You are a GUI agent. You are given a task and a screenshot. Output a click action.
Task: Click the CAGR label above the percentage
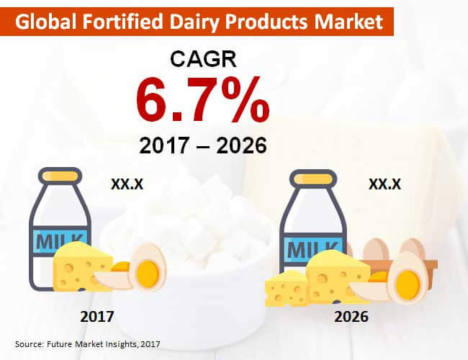point(203,59)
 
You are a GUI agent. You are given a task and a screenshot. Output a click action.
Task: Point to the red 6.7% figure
point(203,99)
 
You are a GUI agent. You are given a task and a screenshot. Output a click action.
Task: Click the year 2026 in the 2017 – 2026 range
point(241,145)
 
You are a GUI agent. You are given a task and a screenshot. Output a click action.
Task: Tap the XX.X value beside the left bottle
point(127,184)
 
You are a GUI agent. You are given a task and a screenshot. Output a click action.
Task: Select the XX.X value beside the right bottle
point(384,184)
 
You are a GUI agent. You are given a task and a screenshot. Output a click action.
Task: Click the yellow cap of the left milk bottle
point(60,176)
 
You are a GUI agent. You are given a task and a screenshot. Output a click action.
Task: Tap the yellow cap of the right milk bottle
point(312,179)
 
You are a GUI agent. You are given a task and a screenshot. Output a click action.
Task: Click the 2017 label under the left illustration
point(97,316)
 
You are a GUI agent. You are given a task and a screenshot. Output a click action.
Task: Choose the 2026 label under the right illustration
point(351,316)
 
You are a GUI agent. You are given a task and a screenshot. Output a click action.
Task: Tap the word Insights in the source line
point(120,344)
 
